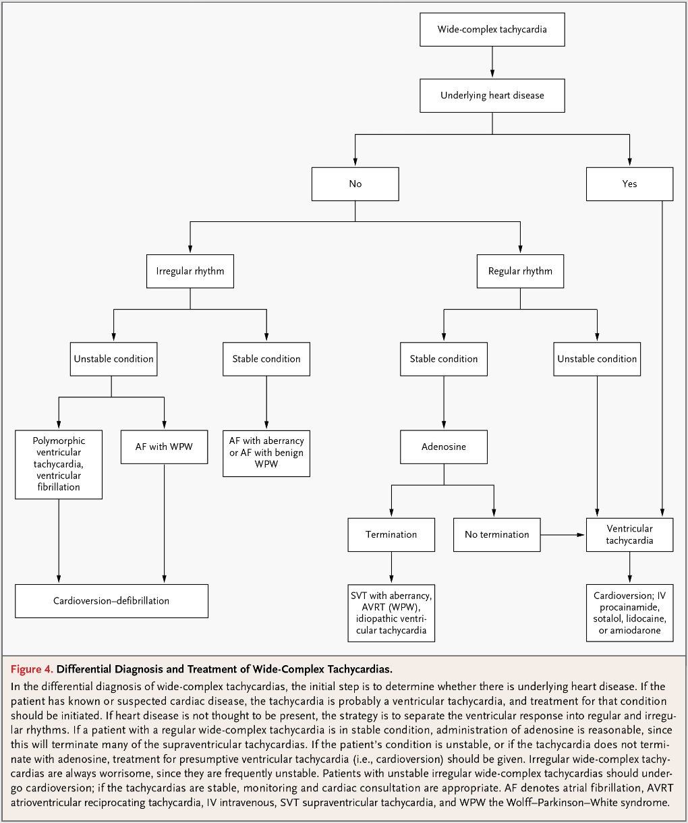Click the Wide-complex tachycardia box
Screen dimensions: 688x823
492,30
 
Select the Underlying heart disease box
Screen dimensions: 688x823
492,96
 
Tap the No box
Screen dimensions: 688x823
355,184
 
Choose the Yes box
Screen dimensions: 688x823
630,184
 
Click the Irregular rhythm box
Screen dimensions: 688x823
190,271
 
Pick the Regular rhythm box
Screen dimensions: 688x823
520,271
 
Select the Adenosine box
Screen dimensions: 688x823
444,447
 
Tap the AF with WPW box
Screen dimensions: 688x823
164,447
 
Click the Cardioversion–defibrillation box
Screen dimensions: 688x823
111,601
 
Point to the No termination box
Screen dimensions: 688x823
497,535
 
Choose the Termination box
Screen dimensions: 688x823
391,535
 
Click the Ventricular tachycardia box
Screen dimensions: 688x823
630,535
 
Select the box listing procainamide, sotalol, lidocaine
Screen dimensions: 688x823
630,613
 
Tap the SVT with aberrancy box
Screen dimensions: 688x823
391,613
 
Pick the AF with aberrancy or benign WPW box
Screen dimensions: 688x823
266,454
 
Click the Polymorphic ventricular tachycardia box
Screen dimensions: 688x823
59,465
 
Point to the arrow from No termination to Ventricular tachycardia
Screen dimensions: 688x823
563,535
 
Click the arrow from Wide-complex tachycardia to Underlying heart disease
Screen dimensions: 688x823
492,62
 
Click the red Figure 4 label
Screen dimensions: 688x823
32,669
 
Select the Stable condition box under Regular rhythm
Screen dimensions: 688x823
444,359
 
